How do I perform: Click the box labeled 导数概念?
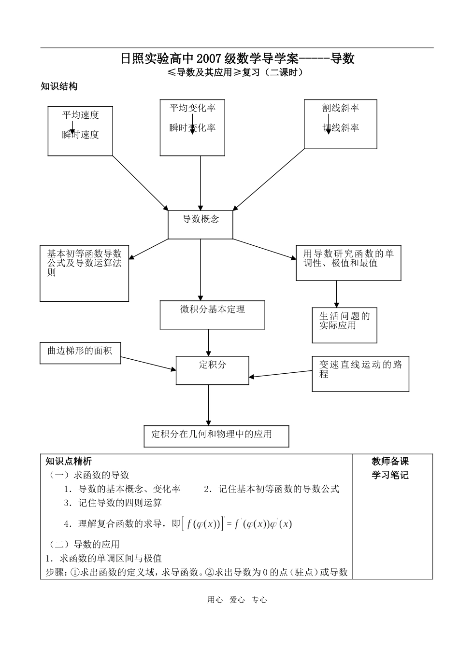(201, 224)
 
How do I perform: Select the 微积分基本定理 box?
(213, 315)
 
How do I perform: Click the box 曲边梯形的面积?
(80, 353)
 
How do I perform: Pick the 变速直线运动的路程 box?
(360, 374)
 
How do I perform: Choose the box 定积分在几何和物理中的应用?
(216, 436)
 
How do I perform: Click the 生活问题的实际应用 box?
(344, 325)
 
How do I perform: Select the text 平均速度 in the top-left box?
(81, 115)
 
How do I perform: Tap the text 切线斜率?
(341, 128)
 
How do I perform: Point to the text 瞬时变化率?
(192, 128)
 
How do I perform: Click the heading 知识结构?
(59, 86)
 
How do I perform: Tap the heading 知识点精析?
(69, 461)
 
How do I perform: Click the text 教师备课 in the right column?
(390, 461)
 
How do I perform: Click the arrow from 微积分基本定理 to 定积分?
(209, 343)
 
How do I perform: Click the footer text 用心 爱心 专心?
(237, 600)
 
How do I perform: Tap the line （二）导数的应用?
(85, 544)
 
